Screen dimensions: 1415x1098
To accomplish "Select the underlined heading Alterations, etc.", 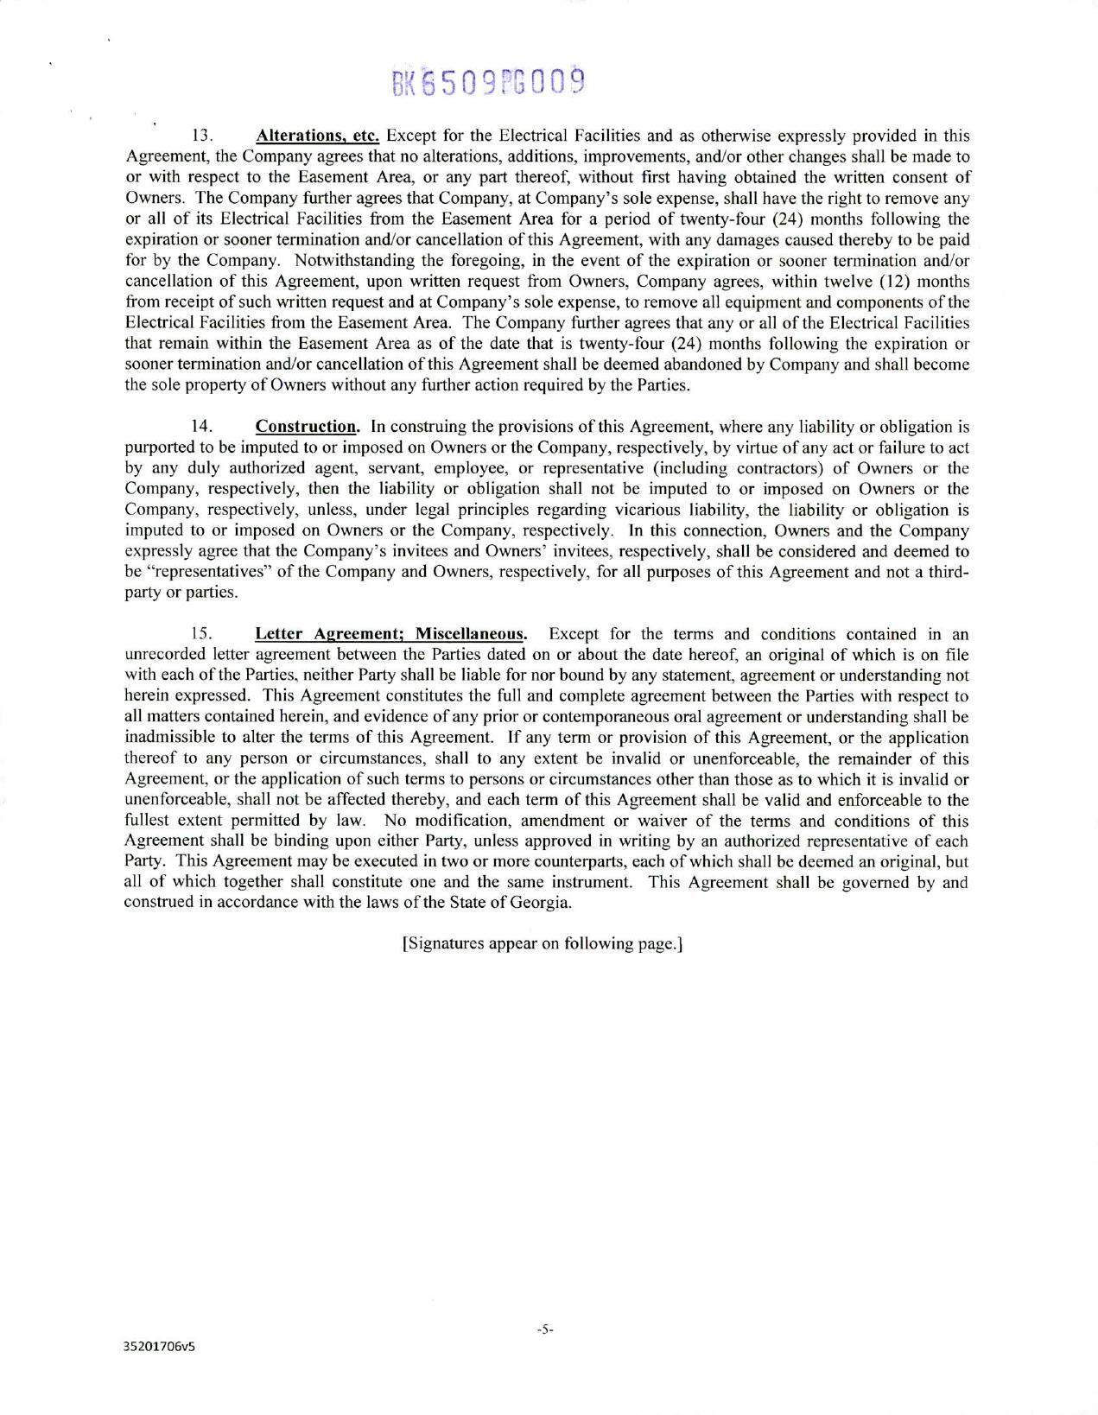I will (318, 136).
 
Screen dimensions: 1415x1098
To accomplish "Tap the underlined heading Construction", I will (307, 427).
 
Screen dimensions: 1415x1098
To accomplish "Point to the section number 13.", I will (201, 136).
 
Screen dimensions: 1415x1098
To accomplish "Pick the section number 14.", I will (201, 427).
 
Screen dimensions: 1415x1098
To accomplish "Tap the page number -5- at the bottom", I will (544, 1330).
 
